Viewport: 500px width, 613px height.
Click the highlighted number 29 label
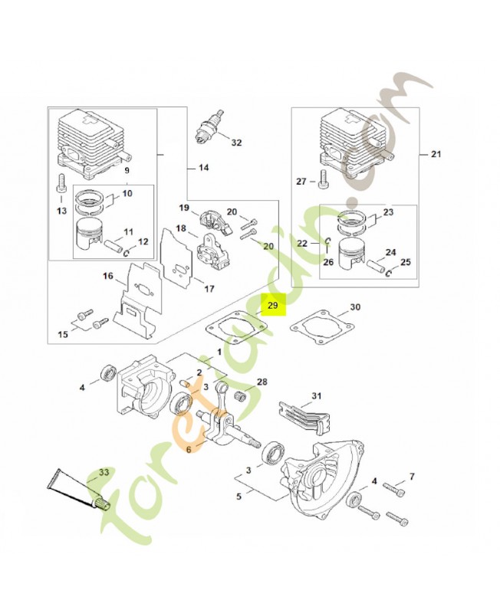tap(272, 304)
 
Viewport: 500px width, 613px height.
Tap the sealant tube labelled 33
tap(77, 490)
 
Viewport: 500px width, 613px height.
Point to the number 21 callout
tap(436, 155)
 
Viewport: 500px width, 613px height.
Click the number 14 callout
tap(203, 168)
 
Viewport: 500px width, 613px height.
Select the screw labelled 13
tap(61, 184)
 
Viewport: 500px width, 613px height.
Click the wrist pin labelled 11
tap(113, 247)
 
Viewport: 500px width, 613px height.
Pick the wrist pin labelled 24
tap(376, 267)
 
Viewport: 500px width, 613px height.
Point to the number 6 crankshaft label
tap(189, 450)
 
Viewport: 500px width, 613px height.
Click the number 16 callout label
tap(108, 276)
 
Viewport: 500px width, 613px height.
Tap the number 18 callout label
tap(181, 228)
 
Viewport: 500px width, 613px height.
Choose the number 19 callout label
tap(184, 208)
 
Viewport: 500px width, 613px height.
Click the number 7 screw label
tap(412, 477)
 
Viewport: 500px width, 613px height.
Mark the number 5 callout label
tap(239, 496)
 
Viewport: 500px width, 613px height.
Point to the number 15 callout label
tap(63, 335)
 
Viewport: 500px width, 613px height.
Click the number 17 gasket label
tap(209, 289)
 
